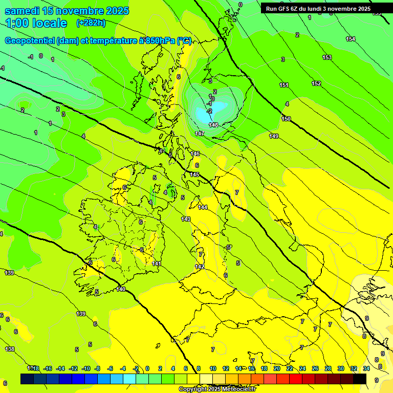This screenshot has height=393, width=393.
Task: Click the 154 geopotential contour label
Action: [x=351, y=39]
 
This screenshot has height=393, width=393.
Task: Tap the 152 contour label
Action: [x=316, y=83]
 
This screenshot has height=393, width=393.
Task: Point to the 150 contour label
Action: [x=286, y=119]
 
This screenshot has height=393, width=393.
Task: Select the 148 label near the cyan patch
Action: [x=214, y=125]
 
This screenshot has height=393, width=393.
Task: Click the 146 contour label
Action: [x=195, y=154]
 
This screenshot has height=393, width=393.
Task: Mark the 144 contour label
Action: [x=203, y=207]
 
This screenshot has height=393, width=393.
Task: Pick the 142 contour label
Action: [x=200, y=267]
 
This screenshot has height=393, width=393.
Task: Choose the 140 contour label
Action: [x=121, y=289]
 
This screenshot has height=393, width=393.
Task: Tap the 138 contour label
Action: [x=10, y=349]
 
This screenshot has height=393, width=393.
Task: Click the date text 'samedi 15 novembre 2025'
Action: [x=67, y=11]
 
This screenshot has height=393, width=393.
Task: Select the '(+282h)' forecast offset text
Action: [x=91, y=23]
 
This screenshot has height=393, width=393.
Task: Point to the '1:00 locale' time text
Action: [x=36, y=23]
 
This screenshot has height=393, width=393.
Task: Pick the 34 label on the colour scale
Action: [x=366, y=368]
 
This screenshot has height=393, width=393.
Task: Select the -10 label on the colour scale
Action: [x=85, y=368]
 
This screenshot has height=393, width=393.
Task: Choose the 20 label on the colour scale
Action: [x=276, y=368]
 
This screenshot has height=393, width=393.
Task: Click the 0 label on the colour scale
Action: [x=147, y=368]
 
